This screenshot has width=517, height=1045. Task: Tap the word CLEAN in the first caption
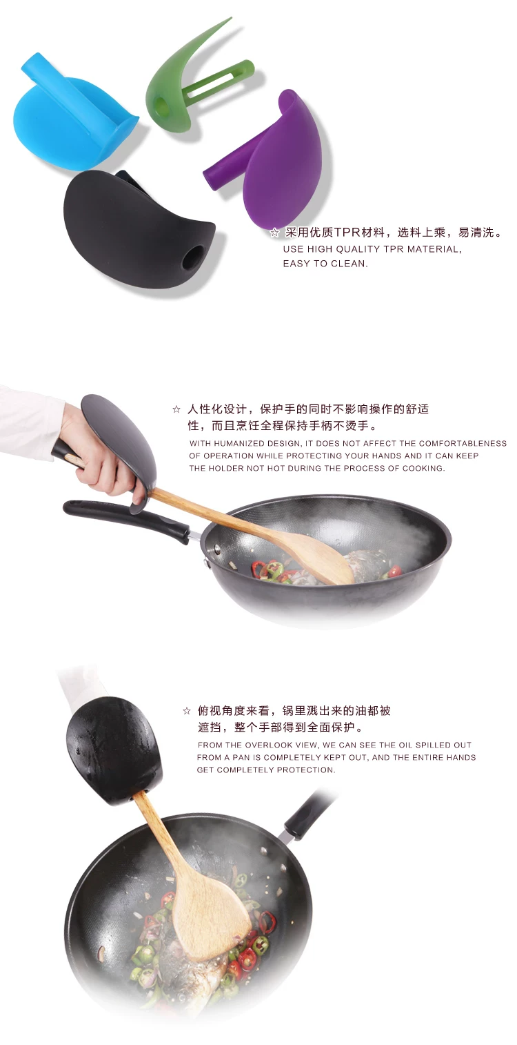[x=349, y=264]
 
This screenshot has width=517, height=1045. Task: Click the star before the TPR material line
[x=275, y=233]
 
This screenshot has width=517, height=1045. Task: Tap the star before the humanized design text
[x=176, y=409]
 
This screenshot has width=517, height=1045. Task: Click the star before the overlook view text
[x=187, y=711]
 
